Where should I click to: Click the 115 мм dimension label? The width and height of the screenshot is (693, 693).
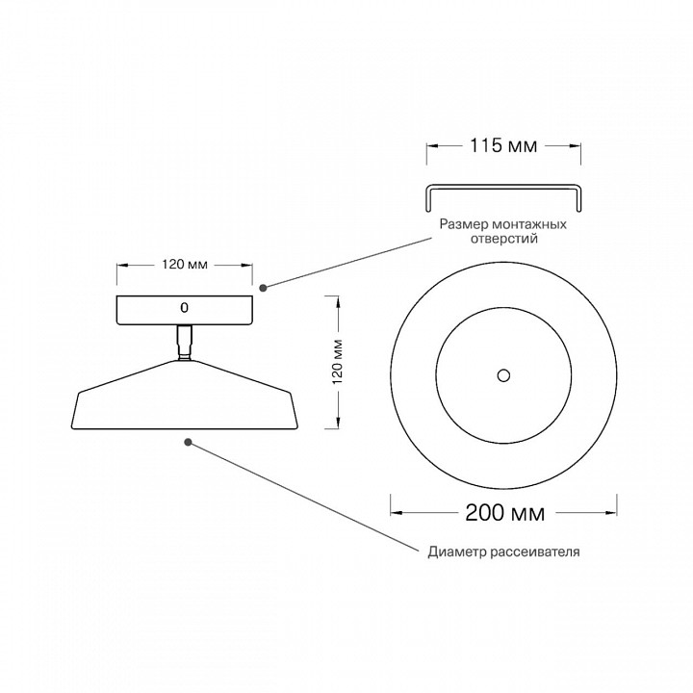[503, 145]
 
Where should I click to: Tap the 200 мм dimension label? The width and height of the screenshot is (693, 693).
[504, 513]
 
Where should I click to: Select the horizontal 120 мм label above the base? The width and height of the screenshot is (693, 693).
[184, 265]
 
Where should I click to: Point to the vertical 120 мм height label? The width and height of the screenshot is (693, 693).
[338, 362]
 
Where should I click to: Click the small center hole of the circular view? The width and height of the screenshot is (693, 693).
[503, 375]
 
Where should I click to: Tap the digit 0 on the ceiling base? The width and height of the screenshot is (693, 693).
[184, 308]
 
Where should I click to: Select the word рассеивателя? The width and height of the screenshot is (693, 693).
[536, 552]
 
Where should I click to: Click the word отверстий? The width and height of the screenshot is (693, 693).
[503, 239]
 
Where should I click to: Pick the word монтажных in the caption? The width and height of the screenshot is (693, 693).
[530, 224]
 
